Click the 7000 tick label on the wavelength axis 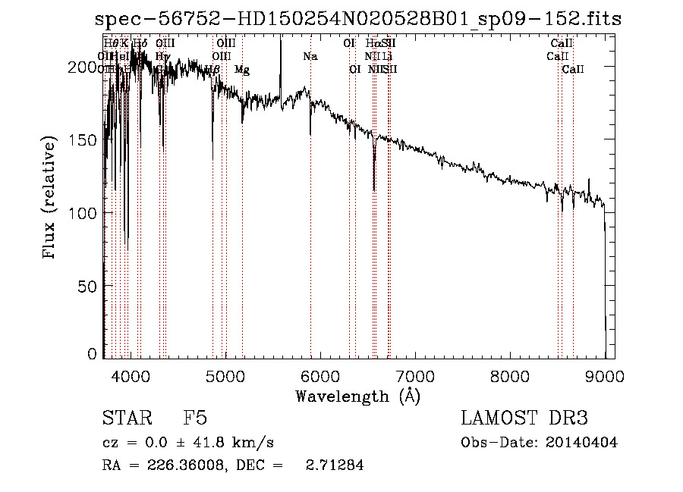[415, 374]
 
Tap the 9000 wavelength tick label [605, 374]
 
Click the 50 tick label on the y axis [90, 286]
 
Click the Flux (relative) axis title [51, 199]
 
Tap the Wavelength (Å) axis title [357, 396]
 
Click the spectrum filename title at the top [357, 19]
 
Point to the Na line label [310, 56]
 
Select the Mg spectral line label [242, 70]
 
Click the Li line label [387, 56]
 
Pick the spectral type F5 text [195, 418]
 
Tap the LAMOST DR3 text [524, 418]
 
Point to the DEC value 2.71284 [334, 465]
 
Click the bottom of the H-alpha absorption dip [373, 190]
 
